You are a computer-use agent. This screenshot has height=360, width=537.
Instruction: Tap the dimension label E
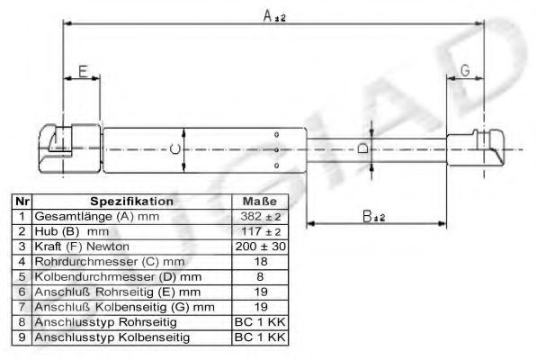84,72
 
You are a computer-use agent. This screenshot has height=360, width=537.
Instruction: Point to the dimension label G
465,70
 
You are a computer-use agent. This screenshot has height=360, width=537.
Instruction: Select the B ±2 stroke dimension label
373,216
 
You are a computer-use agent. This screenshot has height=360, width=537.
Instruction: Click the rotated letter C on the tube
175,149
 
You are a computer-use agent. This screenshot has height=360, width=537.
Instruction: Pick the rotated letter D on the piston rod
362,148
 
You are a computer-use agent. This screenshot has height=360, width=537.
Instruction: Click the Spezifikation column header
132,202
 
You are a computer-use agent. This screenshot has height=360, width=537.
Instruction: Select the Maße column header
260,202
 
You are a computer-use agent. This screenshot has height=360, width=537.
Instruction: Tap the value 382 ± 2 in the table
261,217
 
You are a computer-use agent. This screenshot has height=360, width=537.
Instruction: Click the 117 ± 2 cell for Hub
261,231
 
